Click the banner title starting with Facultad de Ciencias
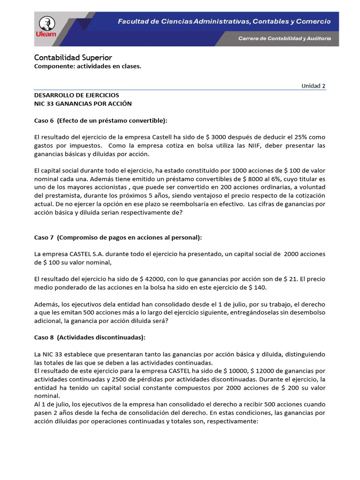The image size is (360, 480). coord(224,22)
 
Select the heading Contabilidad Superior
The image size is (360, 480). coord(73,58)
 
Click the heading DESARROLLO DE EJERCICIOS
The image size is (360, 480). coord(77,95)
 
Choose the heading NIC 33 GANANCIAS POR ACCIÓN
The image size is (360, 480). coord(83,104)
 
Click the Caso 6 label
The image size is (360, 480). coord(45,121)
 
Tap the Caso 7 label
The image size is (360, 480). coord(45,238)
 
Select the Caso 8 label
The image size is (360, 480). coord(45,337)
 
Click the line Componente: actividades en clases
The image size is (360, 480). coord(88,67)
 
